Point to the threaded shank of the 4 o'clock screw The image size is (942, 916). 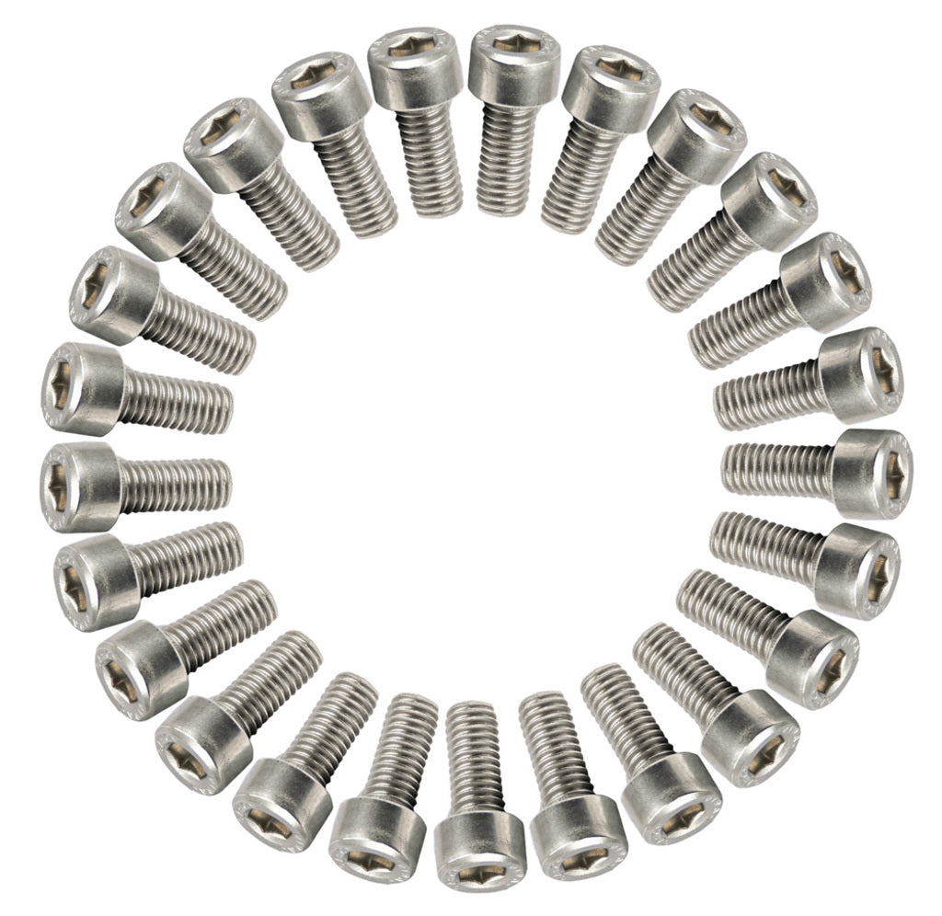tap(727, 606)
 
